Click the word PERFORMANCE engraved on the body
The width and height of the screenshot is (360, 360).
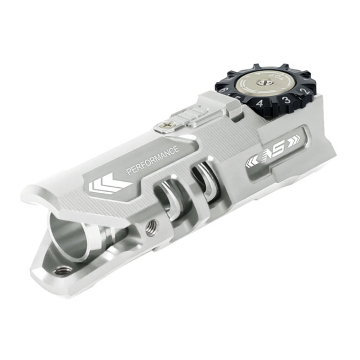click(x=152, y=161)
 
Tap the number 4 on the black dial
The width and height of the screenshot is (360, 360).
click(x=259, y=104)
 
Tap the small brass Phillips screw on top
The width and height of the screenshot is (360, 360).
click(x=164, y=127)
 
